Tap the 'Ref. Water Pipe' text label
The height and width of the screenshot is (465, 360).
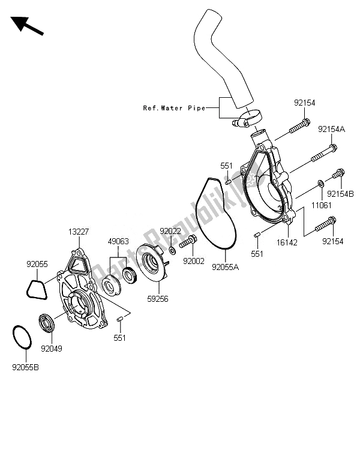(174, 108)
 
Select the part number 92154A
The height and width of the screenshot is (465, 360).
(332, 129)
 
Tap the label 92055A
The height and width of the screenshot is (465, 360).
(225, 267)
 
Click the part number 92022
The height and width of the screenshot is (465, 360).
(170, 231)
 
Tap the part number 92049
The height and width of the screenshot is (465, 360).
(51, 347)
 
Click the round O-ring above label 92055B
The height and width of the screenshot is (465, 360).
(22, 336)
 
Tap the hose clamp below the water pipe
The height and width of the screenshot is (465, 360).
(246, 118)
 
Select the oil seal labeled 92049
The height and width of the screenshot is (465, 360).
(47, 323)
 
